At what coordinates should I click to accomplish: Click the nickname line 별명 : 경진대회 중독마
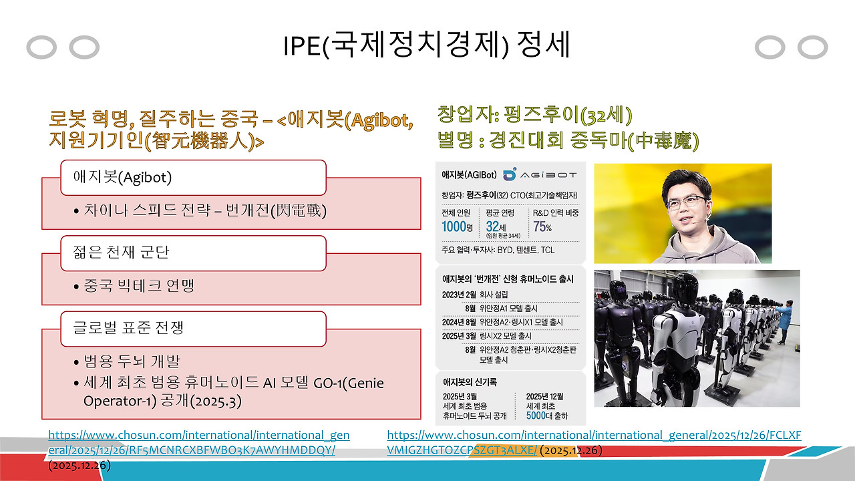pos(568,141)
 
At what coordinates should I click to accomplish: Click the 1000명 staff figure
pos(458,227)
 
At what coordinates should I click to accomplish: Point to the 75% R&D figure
pos(542,227)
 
